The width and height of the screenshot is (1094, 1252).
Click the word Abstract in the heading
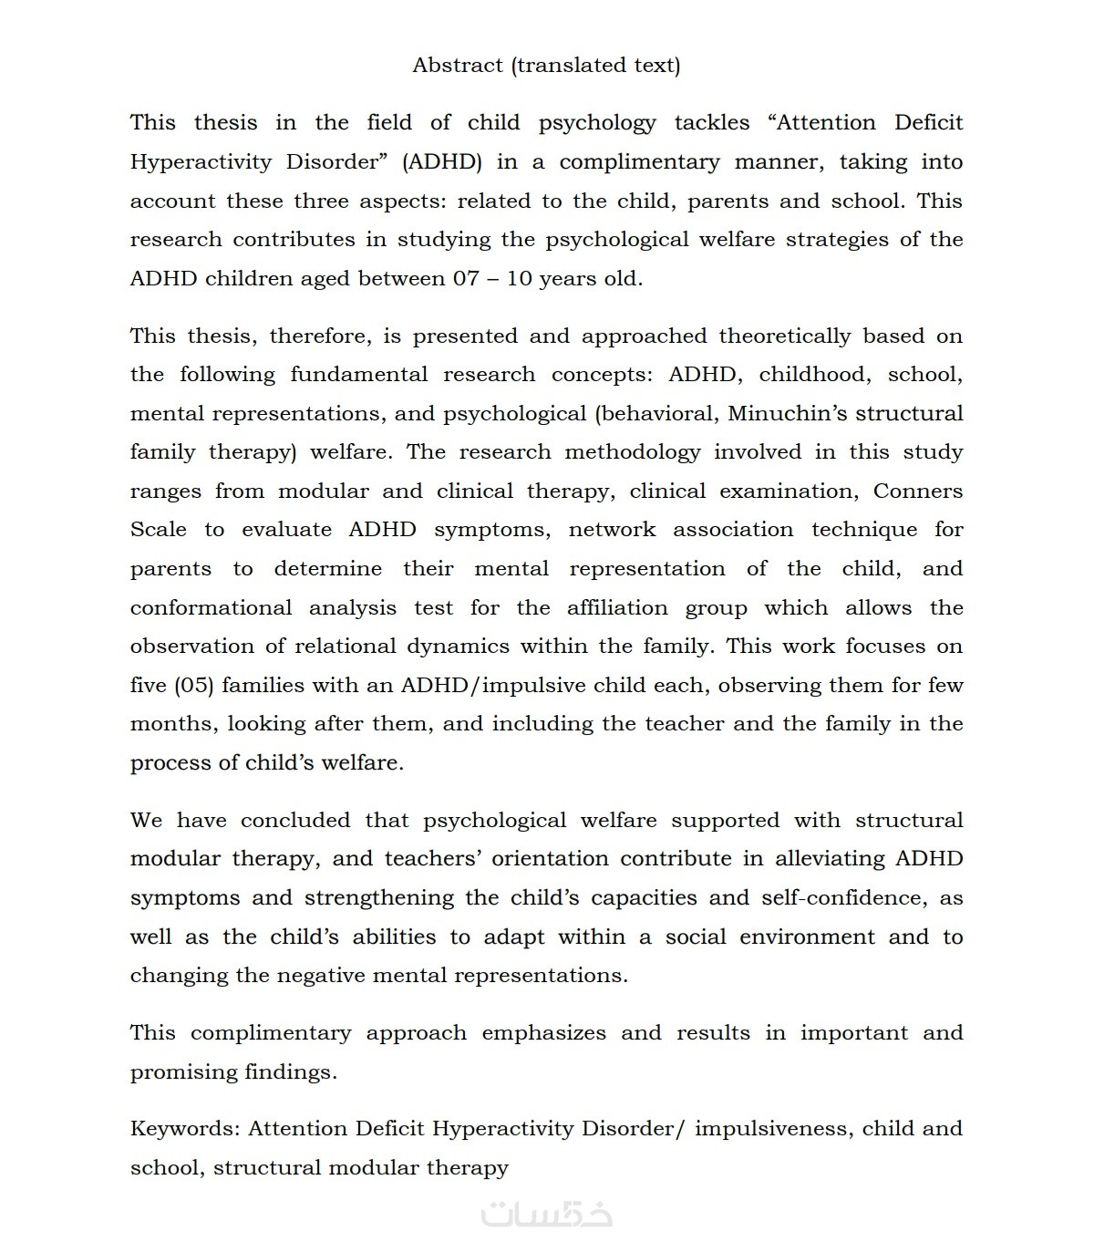pyautogui.click(x=458, y=66)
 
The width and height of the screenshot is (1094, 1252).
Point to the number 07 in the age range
pyautogui.click(x=466, y=279)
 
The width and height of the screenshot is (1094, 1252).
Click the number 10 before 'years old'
pyautogui.click(x=519, y=279)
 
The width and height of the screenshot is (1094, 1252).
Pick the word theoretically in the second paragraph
pyautogui.click(x=784, y=336)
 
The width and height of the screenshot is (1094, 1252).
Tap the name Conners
pyautogui.click(x=918, y=491)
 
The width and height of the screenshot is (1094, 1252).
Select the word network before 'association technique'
pyautogui.click(x=612, y=530)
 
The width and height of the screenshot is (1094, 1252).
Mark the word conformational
pyautogui.click(x=212, y=608)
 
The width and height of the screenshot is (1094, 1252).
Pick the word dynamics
pyautogui.click(x=458, y=647)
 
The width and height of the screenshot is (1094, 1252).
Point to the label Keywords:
pyautogui.click(x=185, y=1129)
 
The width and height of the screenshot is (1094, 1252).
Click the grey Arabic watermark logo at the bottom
pyautogui.click(x=547, y=1213)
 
